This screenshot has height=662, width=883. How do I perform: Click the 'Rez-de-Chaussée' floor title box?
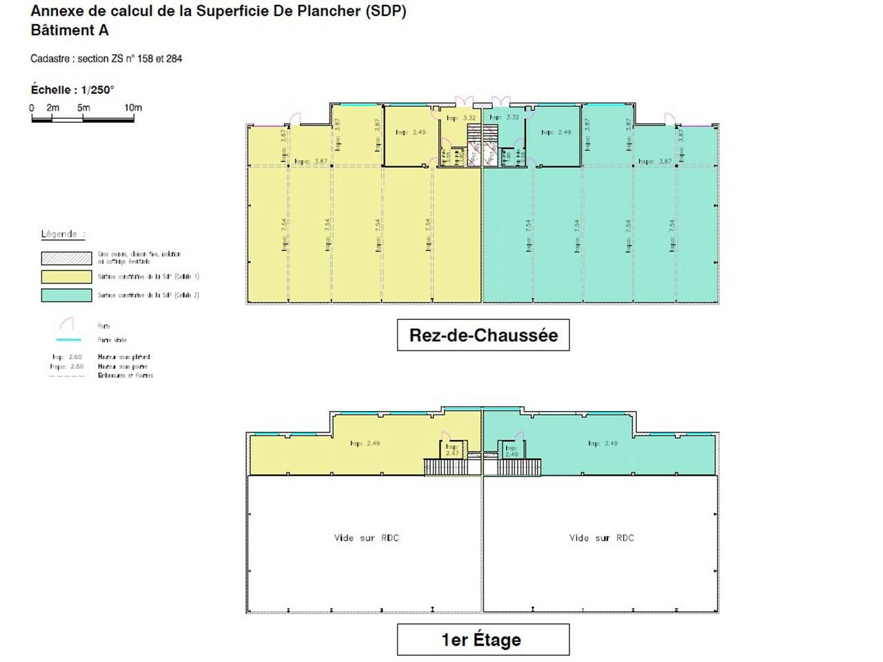(483, 335)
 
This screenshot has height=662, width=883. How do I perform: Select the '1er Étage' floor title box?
(483, 640)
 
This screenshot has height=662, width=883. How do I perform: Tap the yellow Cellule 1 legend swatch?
(66, 277)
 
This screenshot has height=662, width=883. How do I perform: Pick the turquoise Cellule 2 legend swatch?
(66, 295)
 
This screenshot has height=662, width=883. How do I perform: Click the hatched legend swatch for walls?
(66, 258)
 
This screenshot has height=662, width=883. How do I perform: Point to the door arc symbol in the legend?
(67, 324)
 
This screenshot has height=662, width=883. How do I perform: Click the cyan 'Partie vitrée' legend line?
(68, 340)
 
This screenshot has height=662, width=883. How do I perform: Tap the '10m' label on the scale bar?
(133, 108)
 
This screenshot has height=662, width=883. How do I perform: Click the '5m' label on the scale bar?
(83, 108)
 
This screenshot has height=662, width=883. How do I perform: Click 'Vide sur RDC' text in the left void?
(366, 538)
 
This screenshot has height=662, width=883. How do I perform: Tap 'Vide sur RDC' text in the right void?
(601, 538)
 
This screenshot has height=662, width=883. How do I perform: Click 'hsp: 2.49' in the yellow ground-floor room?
(410, 132)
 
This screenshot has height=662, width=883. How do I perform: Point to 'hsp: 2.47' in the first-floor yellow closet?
(452, 450)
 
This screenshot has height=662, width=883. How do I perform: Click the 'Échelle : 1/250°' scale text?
(72, 90)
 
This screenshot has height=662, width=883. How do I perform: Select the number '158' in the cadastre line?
(145, 59)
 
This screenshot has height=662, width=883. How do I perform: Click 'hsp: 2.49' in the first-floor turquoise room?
(602, 443)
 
